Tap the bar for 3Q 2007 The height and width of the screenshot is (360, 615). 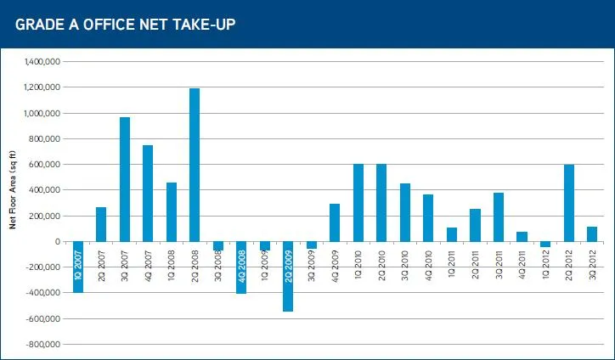pyautogui.click(x=125, y=179)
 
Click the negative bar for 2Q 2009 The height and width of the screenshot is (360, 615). pyautogui.click(x=288, y=276)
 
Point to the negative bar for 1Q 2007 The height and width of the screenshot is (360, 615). pyautogui.click(x=78, y=267)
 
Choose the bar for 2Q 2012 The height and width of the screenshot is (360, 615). pyautogui.click(x=568, y=203)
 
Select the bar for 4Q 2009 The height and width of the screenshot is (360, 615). pyautogui.click(x=335, y=222)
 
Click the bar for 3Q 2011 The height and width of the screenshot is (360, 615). pyautogui.click(x=499, y=217)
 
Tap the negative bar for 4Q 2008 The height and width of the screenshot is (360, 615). pyautogui.click(x=241, y=267)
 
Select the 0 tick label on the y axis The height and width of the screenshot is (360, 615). pyautogui.click(x=55, y=242)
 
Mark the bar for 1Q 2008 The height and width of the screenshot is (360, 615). pyautogui.click(x=172, y=212)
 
